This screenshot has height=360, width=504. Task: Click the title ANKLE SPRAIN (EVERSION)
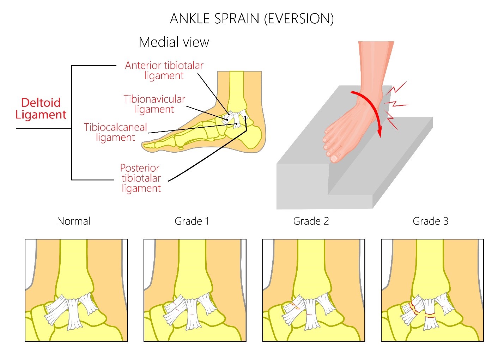point(252,18)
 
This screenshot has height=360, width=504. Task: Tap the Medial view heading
point(174,42)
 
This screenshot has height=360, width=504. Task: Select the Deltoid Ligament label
point(41,109)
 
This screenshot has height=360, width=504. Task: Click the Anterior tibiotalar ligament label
point(164,70)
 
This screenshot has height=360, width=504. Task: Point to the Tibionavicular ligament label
point(154,104)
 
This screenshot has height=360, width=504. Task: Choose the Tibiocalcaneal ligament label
point(115,132)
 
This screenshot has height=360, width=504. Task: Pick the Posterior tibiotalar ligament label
point(141,178)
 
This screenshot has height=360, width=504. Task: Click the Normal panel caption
point(74,221)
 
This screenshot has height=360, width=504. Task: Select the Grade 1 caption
point(192,221)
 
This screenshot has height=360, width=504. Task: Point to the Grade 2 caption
point(311,221)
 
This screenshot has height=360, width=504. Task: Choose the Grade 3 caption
point(430,221)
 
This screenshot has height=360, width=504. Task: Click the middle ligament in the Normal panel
point(74,313)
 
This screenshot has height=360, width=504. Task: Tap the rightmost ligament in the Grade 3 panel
point(444,303)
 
